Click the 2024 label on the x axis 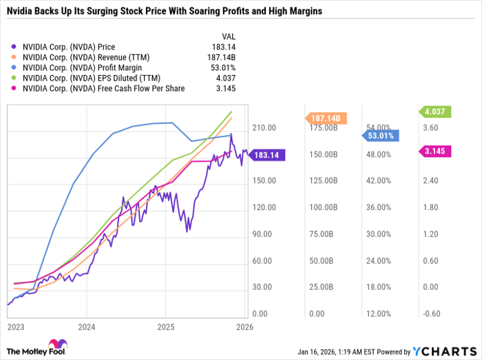(x=86, y=327)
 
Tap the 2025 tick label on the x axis (x=165, y=327)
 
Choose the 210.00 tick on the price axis (x=264, y=128)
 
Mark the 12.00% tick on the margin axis (x=379, y=314)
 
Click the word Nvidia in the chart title (x=21, y=12)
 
